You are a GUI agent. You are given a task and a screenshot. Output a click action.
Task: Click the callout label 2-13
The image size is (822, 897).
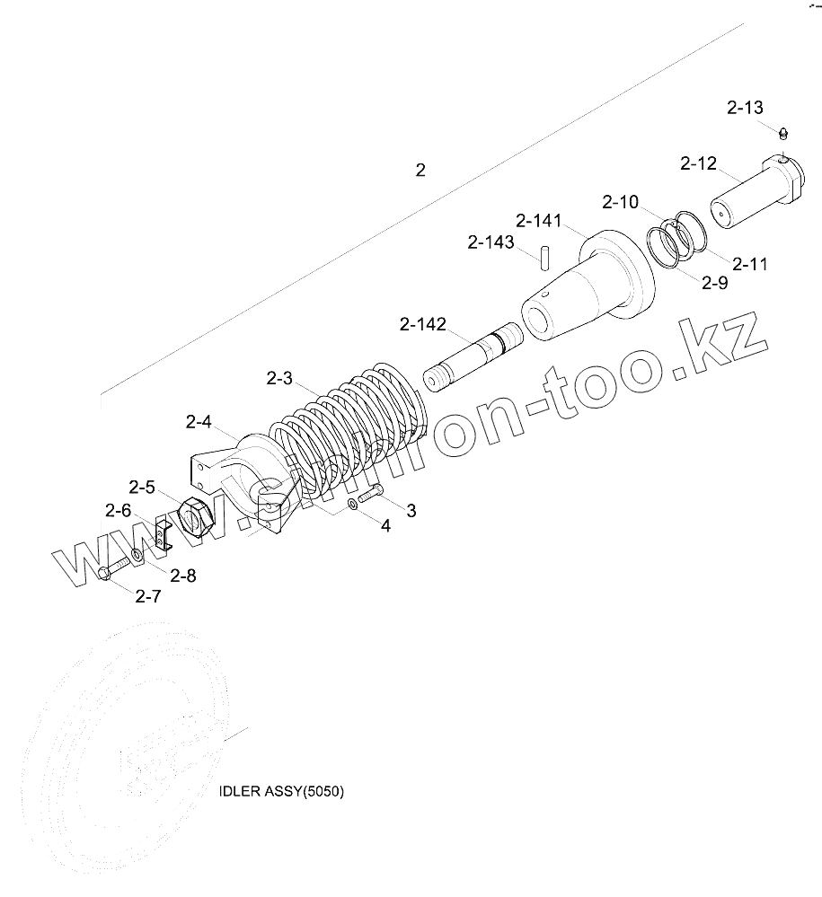pyautogui.click(x=745, y=108)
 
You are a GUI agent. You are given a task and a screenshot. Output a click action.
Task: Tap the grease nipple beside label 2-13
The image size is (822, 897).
pyautogui.click(x=783, y=135)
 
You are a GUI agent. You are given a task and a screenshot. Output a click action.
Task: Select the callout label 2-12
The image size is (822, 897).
pyautogui.click(x=698, y=163)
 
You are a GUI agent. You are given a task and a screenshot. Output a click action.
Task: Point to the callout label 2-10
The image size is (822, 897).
pyautogui.click(x=620, y=202)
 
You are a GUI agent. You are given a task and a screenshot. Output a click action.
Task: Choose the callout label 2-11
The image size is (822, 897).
pyautogui.click(x=750, y=264)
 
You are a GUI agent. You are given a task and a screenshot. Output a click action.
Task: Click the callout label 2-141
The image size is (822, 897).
pyautogui.click(x=540, y=221)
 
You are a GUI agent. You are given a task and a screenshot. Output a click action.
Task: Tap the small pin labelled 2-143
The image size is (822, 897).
pyautogui.click(x=545, y=257)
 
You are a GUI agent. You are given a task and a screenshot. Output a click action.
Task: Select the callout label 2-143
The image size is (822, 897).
pyautogui.click(x=491, y=242)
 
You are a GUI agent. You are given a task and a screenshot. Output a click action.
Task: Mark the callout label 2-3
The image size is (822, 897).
pyautogui.click(x=279, y=379)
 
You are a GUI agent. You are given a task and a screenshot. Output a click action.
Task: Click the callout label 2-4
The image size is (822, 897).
pyautogui.click(x=199, y=421)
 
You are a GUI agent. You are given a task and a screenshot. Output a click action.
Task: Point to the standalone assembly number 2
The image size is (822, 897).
pyautogui.click(x=420, y=170)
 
